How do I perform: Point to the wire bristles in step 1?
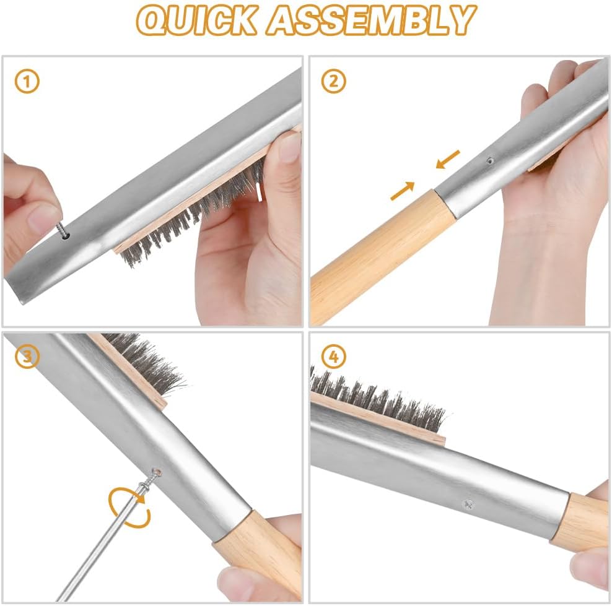(x=186, y=217)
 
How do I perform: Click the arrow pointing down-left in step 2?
(x=447, y=159)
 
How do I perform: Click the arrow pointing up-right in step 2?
(x=403, y=191)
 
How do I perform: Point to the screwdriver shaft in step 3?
(x=105, y=545)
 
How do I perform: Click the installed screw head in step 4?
(x=467, y=504)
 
